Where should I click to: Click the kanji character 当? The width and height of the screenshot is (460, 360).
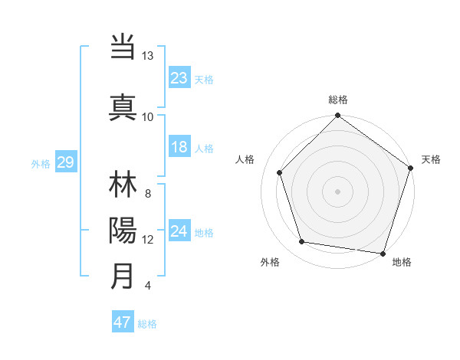[x=123, y=47]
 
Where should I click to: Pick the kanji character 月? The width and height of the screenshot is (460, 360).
[x=123, y=276]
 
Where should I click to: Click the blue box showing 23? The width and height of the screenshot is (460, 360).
[x=179, y=77]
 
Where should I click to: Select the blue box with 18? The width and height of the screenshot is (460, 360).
[x=179, y=147]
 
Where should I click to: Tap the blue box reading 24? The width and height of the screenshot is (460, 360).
[x=179, y=231]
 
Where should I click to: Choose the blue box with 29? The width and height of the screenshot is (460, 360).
[x=65, y=162]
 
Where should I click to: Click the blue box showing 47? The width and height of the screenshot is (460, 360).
[x=123, y=322]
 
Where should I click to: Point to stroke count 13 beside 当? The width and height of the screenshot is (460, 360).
[x=147, y=56]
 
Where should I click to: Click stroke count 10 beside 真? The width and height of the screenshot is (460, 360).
[x=147, y=116]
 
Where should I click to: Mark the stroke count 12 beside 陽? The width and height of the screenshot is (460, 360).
[x=147, y=240]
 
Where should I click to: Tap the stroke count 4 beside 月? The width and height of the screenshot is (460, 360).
[x=147, y=286]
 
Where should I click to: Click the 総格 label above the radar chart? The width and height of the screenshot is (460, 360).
[x=338, y=100]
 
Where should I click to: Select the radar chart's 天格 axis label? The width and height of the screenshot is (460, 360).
[x=431, y=159]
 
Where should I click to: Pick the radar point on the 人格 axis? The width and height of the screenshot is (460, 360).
[x=280, y=172]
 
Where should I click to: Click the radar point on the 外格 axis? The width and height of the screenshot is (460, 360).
[x=302, y=242]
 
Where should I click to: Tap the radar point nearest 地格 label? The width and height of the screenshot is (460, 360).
[x=383, y=253]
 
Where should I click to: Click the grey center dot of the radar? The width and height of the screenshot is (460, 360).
[x=338, y=191]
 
